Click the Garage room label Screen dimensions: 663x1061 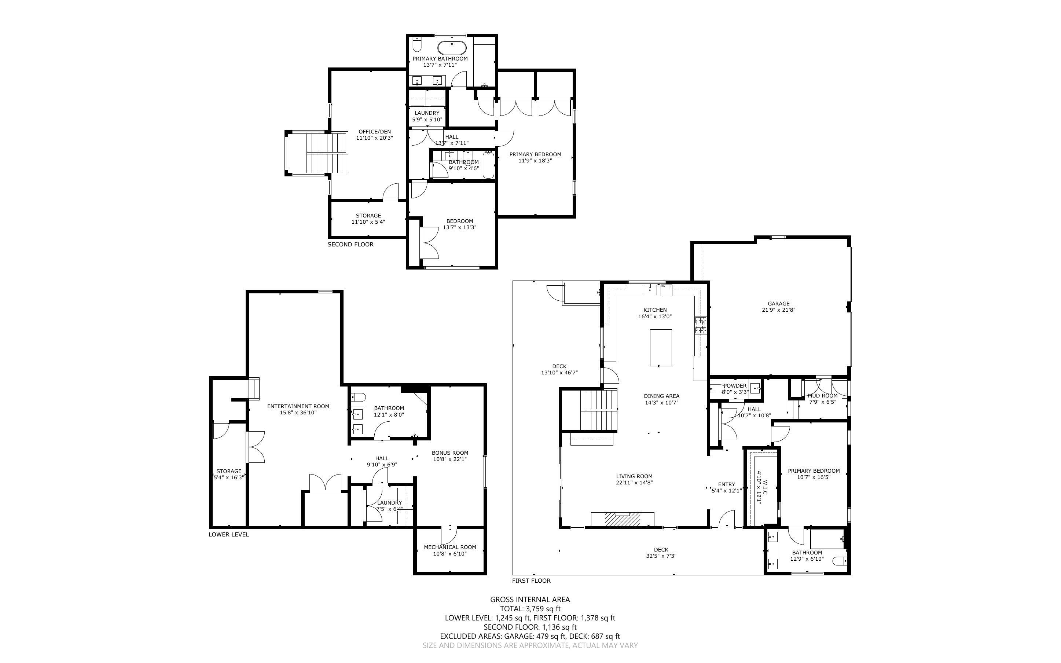778,303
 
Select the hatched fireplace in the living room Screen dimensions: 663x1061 622,519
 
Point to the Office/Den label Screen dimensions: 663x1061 374,132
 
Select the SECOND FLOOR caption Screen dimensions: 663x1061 350,244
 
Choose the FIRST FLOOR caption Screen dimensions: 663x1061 531,580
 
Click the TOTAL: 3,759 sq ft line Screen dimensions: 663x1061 530,609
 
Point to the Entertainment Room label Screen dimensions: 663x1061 298,406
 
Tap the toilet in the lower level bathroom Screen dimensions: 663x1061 358,397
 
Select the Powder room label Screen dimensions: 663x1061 735,386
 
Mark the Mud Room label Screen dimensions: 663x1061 823,396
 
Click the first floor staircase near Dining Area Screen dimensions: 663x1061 598,410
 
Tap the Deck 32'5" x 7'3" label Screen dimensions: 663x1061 661,549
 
